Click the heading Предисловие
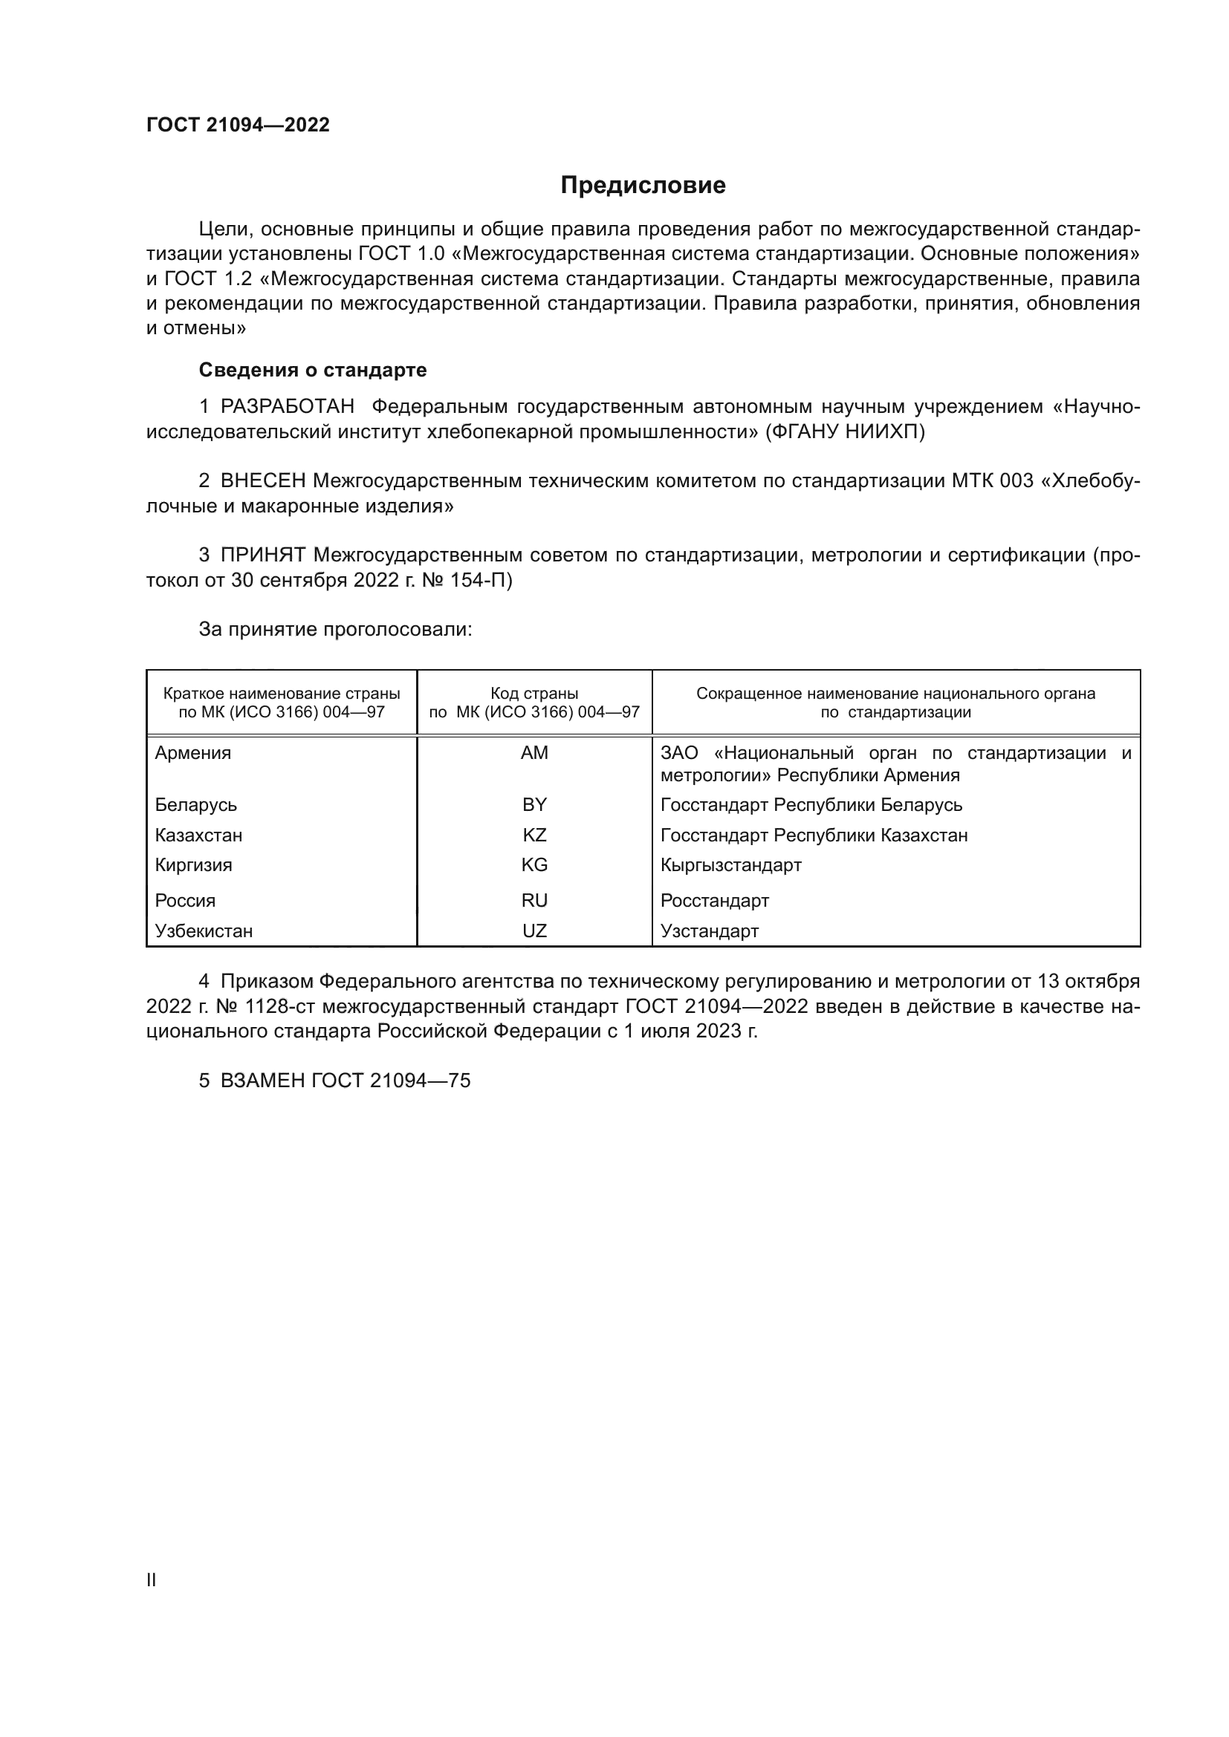[x=643, y=186]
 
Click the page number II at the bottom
[x=152, y=1580]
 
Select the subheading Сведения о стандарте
[x=313, y=370]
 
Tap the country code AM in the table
[x=534, y=753]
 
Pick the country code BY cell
[x=534, y=804]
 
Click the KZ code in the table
[x=534, y=835]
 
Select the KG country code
[x=534, y=864]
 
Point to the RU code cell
[x=534, y=900]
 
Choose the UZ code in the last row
[x=534, y=931]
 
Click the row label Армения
[x=193, y=753]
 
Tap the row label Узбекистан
[x=204, y=931]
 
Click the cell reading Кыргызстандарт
[x=730, y=864]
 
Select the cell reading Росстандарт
[x=714, y=900]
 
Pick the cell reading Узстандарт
[x=709, y=931]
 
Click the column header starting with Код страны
[x=534, y=703]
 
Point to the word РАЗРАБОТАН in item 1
[x=288, y=407]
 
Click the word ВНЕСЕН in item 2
[x=263, y=481]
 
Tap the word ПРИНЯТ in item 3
[x=263, y=555]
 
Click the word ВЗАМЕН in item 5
[x=262, y=1081]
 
